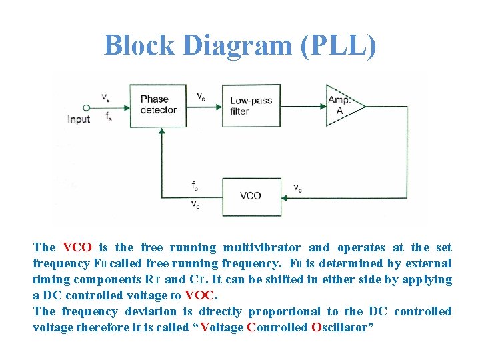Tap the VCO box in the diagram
(x=251, y=195)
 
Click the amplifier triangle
(x=342, y=105)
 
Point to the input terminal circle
(x=85, y=107)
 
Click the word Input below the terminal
(x=79, y=120)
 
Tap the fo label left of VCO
(x=194, y=185)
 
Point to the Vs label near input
(x=106, y=97)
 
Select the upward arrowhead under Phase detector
(x=161, y=133)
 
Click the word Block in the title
(x=139, y=45)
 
